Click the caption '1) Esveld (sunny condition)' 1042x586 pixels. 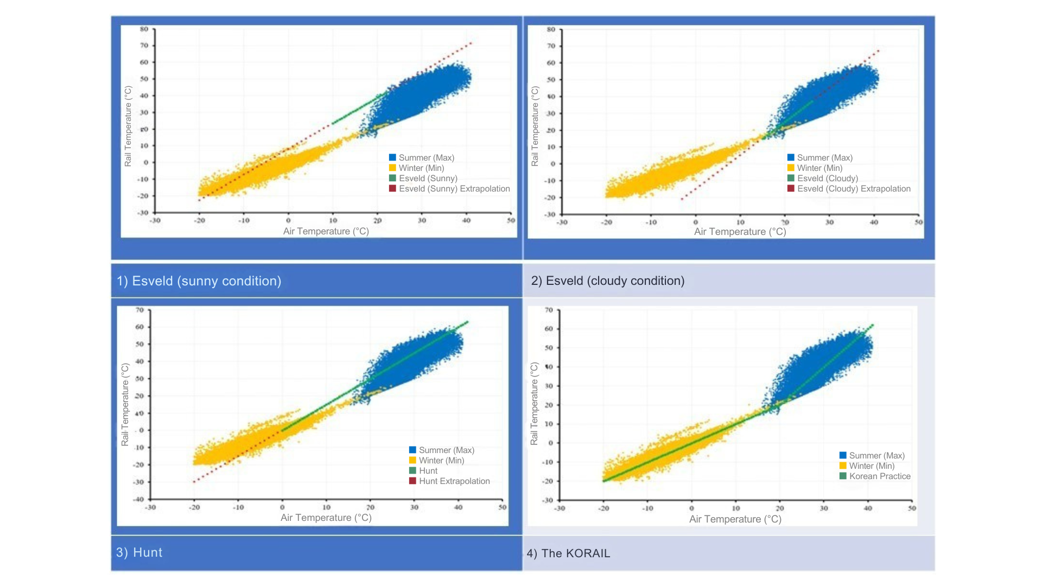pos(199,281)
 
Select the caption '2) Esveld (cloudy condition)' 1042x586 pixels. pos(607,281)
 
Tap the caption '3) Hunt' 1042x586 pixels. pos(139,552)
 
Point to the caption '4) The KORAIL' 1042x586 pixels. pos(568,553)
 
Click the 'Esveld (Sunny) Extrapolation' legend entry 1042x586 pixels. pos(454,189)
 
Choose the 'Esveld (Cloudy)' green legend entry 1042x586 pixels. pos(827,179)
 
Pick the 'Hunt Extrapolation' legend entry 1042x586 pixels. pos(454,481)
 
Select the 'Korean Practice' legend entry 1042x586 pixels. pos(879,476)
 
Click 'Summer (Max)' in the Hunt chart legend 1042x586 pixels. pos(446,450)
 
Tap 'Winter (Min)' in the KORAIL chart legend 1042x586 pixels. pos(871,466)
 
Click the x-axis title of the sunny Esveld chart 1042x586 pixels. pos(326,232)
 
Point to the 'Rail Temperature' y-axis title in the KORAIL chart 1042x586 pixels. pos(534,404)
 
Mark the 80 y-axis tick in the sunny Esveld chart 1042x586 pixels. pos(144,29)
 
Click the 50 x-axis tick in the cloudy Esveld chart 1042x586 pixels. pos(918,222)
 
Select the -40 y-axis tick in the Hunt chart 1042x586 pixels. pos(139,499)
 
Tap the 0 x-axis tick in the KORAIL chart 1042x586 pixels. pos(691,509)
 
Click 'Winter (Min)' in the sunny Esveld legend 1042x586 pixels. pos(421,168)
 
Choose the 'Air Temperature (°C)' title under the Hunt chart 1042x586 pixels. pos(326,518)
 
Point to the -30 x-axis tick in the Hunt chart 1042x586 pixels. pos(150,508)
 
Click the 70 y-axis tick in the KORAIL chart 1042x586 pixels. pos(549,310)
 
